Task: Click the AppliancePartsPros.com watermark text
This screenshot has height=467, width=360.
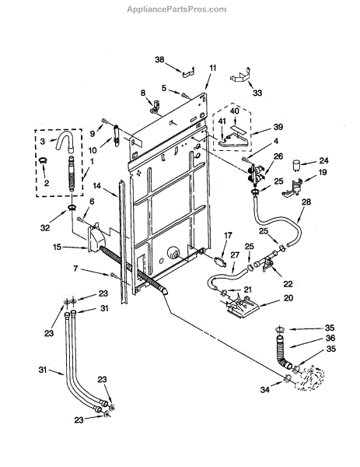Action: pyautogui.click(x=177, y=9)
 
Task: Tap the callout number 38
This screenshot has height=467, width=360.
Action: pyautogui.click(x=159, y=60)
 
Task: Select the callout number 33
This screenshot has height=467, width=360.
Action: pyautogui.click(x=257, y=93)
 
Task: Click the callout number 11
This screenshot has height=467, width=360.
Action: pyautogui.click(x=213, y=68)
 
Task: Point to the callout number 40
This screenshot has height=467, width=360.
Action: pyautogui.click(x=235, y=111)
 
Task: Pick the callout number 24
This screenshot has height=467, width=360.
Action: pyautogui.click(x=323, y=160)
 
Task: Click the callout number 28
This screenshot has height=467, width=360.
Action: pyautogui.click(x=306, y=202)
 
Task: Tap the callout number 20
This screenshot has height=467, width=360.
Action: pyautogui.click(x=288, y=297)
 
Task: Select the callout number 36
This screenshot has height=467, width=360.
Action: pyautogui.click(x=330, y=338)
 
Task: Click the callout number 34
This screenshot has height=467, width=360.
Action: pyautogui.click(x=264, y=389)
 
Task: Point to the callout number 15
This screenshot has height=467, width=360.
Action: pyautogui.click(x=57, y=247)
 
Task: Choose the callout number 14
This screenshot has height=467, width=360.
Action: pyautogui.click(x=96, y=186)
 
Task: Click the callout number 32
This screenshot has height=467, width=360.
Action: pyautogui.click(x=45, y=228)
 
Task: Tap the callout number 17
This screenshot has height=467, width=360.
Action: pyautogui.click(x=228, y=236)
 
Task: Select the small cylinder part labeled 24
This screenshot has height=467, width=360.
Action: pyautogui.click(x=295, y=165)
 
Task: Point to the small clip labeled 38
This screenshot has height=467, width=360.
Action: pyautogui.click(x=188, y=72)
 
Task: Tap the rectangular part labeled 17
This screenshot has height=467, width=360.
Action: pyautogui.click(x=220, y=262)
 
